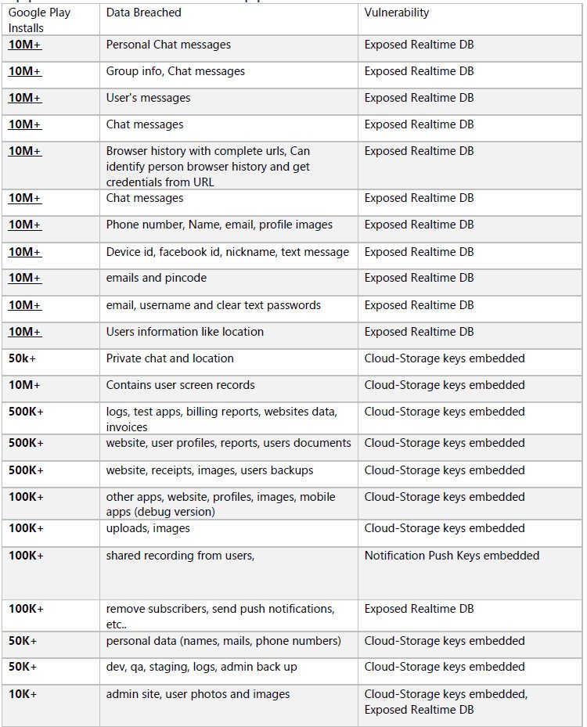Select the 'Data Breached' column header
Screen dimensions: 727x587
(x=143, y=13)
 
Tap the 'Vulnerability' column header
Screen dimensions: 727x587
(x=396, y=13)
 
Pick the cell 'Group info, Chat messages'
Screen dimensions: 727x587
(x=175, y=72)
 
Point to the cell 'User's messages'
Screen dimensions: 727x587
(x=148, y=99)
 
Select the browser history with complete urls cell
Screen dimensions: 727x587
(x=208, y=166)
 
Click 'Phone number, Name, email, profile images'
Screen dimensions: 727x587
(x=219, y=225)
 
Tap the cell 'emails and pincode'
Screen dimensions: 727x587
(x=156, y=279)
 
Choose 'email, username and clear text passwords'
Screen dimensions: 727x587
(x=213, y=305)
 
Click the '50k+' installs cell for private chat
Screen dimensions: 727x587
(x=23, y=358)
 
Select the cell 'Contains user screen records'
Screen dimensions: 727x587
(x=180, y=385)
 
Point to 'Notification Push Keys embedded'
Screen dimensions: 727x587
(x=452, y=556)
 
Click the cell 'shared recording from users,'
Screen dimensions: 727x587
(x=180, y=556)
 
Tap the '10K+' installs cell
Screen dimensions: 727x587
(x=23, y=694)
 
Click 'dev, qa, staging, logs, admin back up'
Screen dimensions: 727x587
(x=201, y=668)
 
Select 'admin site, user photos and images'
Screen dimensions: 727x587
(x=198, y=694)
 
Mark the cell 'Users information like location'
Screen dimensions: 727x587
(x=185, y=332)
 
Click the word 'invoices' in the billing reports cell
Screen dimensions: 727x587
(x=127, y=427)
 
